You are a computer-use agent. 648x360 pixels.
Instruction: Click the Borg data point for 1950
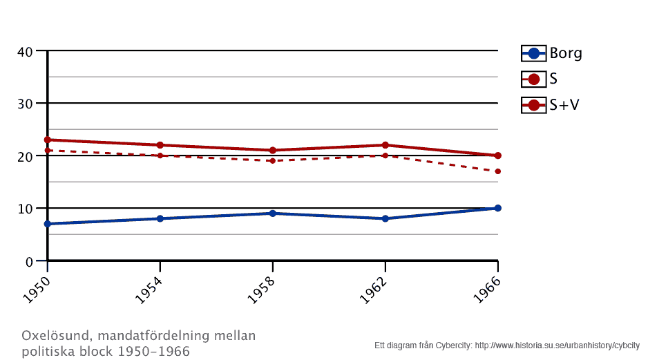tap(48, 224)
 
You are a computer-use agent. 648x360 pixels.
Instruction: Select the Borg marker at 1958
tap(273, 214)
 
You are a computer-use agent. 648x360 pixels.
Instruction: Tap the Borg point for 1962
tap(385, 218)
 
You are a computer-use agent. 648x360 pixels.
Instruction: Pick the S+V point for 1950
tap(48, 140)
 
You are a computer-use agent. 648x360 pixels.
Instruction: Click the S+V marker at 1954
tap(160, 145)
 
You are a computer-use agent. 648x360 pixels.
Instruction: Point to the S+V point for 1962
tap(385, 145)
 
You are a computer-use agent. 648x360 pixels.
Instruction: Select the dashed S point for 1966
tap(497, 171)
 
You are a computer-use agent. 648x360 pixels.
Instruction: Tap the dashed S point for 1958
tap(273, 161)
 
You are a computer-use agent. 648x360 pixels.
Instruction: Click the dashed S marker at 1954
tap(160, 155)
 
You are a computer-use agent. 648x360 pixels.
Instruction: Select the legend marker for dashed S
tap(533, 79)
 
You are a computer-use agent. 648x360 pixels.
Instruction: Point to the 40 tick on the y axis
tap(25, 51)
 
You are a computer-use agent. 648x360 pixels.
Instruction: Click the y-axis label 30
tap(25, 104)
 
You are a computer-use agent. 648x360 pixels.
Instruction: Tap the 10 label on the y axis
tap(25, 209)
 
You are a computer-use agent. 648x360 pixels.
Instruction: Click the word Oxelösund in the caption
tap(57, 337)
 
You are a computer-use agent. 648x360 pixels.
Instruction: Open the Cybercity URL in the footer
tap(557, 345)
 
